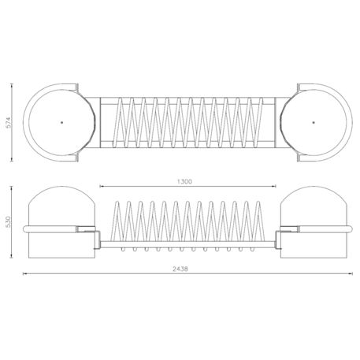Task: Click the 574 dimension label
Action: [9, 122]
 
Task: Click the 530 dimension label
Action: [9, 222]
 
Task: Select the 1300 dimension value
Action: [185, 181]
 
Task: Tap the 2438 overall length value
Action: [180, 269]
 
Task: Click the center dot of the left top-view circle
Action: [62, 122]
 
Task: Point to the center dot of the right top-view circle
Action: [314, 122]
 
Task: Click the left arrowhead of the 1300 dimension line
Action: [102, 187]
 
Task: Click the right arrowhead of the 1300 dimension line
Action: [274, 187]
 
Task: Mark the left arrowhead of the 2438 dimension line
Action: [24, 274]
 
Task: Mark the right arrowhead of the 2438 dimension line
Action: [351, 274]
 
